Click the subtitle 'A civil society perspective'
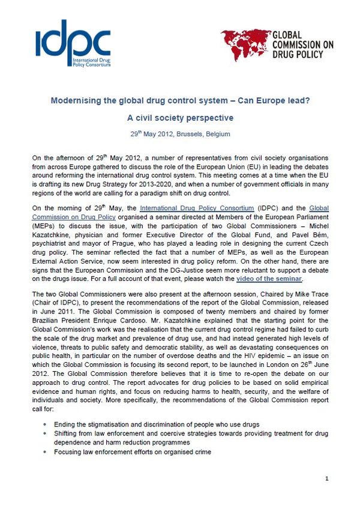[x=179, y=118]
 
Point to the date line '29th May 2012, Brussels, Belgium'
[x=179, y=134]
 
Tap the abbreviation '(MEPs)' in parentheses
[x=44, y=226]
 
